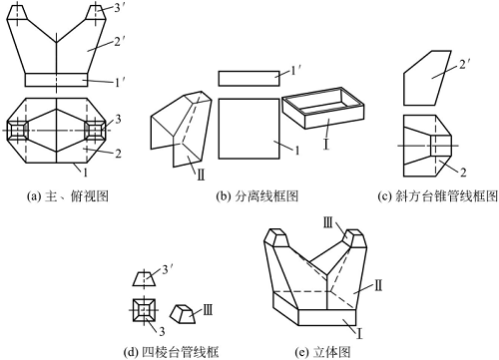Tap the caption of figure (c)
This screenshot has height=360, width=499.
[430, 195]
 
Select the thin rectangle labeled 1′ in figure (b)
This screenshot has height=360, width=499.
[247, 79]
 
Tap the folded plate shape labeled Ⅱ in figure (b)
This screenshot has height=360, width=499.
[178, 128]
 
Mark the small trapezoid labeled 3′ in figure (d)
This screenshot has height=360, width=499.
[144, 280]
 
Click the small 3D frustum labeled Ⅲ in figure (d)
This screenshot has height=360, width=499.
[182, 313]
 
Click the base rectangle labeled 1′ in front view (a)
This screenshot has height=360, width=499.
[55, 80]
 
